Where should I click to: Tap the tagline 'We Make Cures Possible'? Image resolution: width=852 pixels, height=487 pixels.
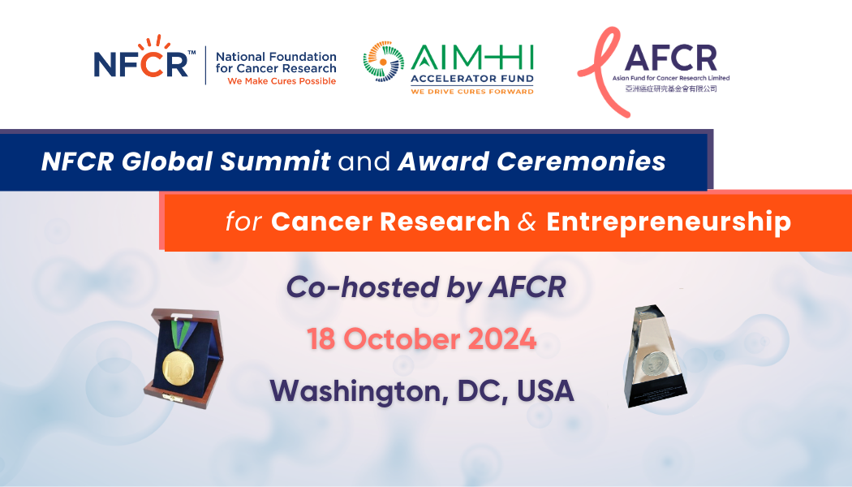tap(282, 81)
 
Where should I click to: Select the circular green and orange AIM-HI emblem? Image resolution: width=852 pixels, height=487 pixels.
tap(384, 62)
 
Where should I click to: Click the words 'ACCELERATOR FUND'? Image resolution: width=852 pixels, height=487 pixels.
tap(471, 79)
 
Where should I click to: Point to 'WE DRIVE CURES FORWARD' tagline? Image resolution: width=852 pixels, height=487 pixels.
tap(471, 91)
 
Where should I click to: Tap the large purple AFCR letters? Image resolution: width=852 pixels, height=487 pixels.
tap(670, 58)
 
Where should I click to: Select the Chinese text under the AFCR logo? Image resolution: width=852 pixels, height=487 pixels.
tap(671, 88)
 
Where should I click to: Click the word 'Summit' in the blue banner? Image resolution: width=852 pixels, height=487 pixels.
tap(275, 162)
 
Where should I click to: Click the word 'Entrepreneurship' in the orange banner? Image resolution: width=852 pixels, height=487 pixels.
tap(669, 222)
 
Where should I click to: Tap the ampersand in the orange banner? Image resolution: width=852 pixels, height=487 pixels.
tap(527, 222)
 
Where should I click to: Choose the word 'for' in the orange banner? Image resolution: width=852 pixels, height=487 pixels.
tap(243, 222)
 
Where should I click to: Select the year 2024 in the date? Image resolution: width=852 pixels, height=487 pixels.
tap(502, 339)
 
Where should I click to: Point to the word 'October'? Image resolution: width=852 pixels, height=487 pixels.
tap(402, 339)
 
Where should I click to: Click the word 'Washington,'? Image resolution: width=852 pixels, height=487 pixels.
tap(359, 391)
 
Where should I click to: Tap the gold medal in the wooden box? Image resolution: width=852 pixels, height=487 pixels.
tap(179, 368)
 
